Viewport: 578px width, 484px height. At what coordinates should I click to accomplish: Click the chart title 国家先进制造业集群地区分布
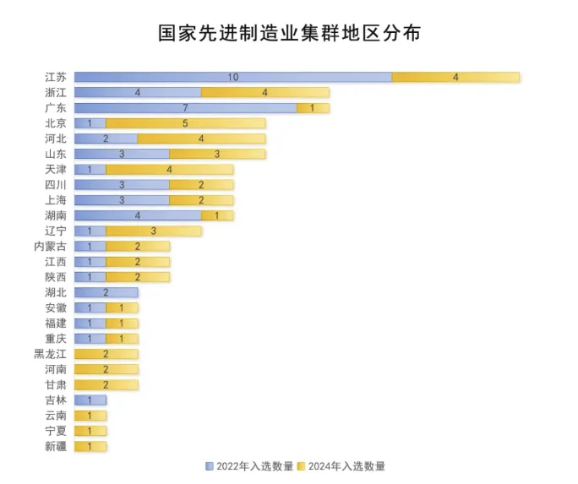pos(289,33)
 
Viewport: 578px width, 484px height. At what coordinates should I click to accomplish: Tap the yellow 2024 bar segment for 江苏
pos(455,77)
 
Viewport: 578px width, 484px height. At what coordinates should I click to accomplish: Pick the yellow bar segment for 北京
pos(185,123)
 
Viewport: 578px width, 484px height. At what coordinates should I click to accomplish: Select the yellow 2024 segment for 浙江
pos(265,92)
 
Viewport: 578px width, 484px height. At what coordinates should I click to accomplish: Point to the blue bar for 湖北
pos(106,292)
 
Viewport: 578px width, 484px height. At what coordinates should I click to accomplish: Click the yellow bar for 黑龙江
pos(106,354)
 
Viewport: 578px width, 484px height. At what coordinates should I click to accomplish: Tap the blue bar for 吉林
pos(90,400)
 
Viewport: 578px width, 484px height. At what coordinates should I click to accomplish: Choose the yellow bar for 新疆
pos(90,446)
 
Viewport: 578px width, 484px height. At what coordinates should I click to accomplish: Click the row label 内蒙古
pos(50,246)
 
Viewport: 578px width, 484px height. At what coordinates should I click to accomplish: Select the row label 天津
pos(55,169)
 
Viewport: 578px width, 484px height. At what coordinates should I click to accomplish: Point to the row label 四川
pos(55,184)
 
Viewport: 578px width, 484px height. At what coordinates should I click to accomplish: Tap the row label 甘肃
pos(55,384)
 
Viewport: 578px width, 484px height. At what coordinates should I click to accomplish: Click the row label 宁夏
pos(55,431)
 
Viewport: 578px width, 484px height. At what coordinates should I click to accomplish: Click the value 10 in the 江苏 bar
pos(232,77)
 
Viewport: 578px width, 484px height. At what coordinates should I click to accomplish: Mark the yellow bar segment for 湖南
pos(217,215)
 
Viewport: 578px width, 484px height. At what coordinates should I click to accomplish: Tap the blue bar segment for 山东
pos(122,154)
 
